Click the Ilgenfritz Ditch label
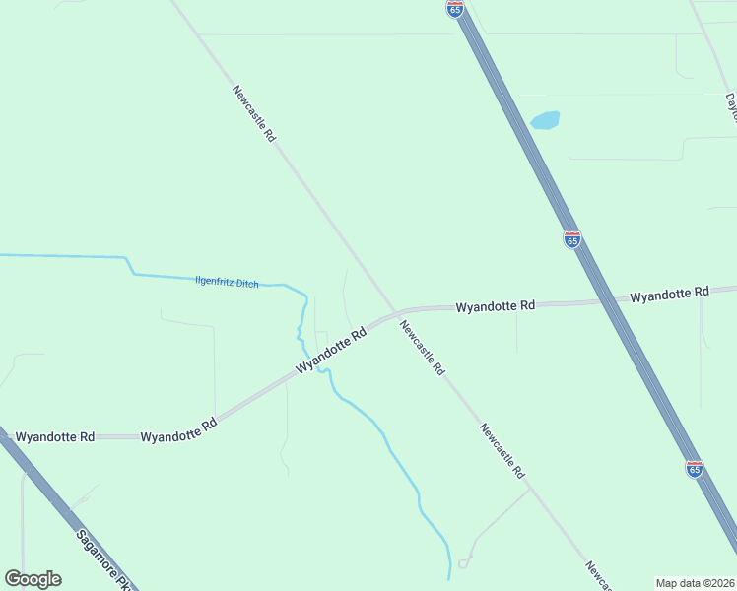[227, 283]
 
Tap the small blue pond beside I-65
[545, 120]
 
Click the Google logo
[33, 579]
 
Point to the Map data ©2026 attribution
[696, 582]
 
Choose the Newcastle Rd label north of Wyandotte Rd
[253, 114]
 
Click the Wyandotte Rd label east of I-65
[669, 294]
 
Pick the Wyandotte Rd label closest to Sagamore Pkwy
[55, 435]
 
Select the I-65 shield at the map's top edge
[454, 9]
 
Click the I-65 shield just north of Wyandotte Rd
[571, 239]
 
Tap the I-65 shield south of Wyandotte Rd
[695, 469]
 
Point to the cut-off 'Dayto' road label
[730, 102]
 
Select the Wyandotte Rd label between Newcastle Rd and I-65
[495, 306]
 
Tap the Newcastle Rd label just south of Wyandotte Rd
[423, 349]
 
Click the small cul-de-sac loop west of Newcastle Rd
[462, 563]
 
